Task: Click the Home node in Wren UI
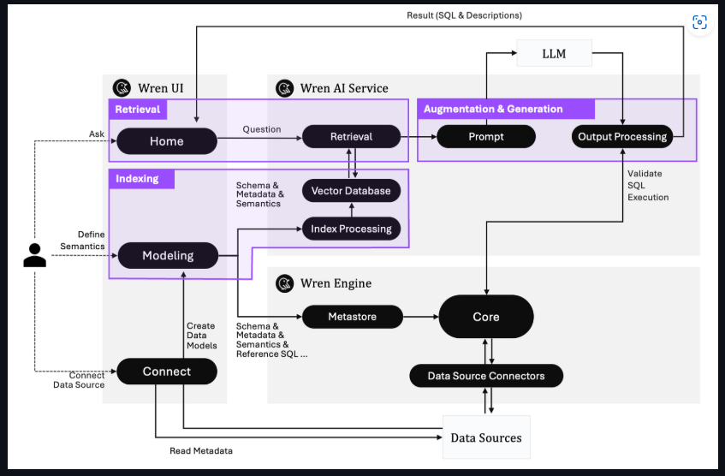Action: (166, 141)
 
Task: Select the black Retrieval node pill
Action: (351, 137)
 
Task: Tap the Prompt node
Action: (486, 137)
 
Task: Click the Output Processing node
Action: (621, 137)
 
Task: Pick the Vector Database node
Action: (351, 190)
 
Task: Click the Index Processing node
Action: (351, 229)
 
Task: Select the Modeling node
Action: (168, 255)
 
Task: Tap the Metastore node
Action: (352, 317)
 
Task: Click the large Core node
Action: (485, 317)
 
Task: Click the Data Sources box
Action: (485, 437)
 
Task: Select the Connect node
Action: (167, 372)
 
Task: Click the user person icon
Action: (34, 255)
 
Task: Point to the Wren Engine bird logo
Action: (285, 283)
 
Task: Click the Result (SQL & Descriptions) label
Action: (464, 15)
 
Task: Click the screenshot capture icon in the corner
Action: (699, 22)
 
